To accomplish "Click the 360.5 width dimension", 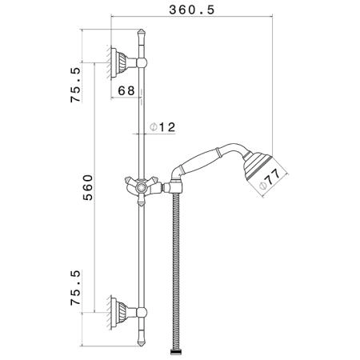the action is (192, 10).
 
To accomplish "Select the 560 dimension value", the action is (88, 187).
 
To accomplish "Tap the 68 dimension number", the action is (126, 90).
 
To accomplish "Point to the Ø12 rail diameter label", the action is (162, 127).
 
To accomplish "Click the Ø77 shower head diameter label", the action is (270, 181).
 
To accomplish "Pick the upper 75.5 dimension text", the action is (75, 85).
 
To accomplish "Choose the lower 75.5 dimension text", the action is (75, 288).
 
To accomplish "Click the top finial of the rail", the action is (142, 34).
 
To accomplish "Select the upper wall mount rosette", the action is (118, 63).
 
